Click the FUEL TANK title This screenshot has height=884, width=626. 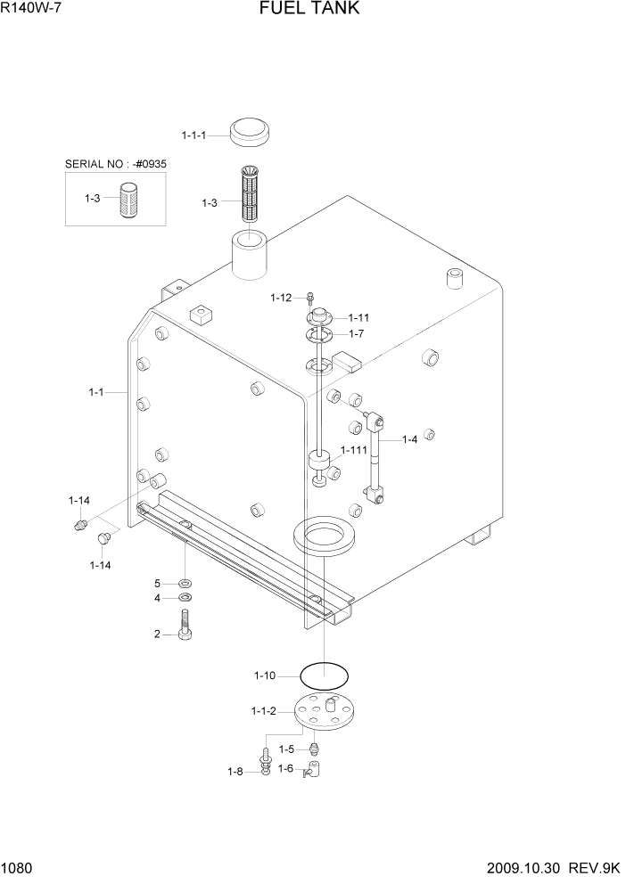[x=309, y=9]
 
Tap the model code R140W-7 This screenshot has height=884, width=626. [x=31, y=9]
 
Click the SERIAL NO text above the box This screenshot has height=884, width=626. [x=115, y=164]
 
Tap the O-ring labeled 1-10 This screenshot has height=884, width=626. [x=325, y=675]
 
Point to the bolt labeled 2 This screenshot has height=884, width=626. [x=186, y=625]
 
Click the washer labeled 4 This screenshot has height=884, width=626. [x=185, y=598]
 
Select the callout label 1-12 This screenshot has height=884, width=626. [x=281, y=297]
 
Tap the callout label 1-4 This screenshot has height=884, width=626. [x=409, y=439]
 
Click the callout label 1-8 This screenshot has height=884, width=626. [x=235, y=772]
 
